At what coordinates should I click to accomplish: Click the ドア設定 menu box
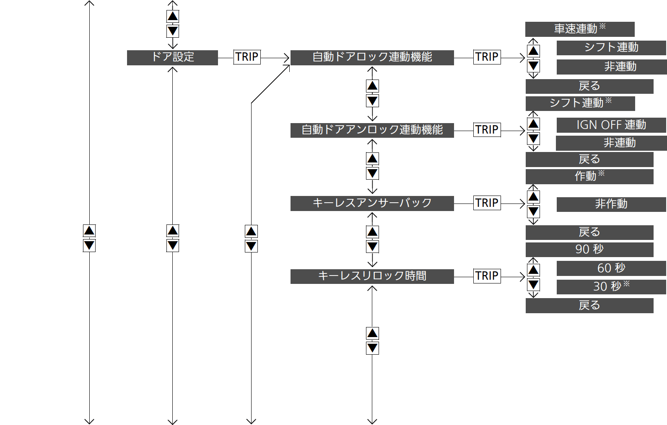click(x=172, y=57)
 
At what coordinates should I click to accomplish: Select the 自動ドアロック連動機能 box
click(x=372, y=57)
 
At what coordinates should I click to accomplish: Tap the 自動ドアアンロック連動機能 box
click(x=372, y=130)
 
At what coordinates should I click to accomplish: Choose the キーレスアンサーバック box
click(x=372, y=203)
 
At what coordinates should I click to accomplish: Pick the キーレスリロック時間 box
click(x=372, y=277)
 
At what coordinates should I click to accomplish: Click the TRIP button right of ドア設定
click(x=247, y=57)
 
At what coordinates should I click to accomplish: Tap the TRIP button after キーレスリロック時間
click(x=487, y=276)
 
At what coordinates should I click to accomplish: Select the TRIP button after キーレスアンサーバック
click(x=487, y=203)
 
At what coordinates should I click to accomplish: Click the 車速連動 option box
click(x=580, y=29)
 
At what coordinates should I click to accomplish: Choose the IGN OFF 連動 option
click(x=611, y=125)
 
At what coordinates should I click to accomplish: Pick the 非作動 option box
click(x=611, y=204)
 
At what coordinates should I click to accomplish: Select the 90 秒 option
click(x=589, y=250)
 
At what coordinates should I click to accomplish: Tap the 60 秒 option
click(x=611, y=268)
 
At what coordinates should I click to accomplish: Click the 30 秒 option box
click(x=611, y=287)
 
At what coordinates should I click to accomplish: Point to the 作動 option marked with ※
click(x=589, y=177)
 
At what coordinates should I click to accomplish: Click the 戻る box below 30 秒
click(x=589, y=306)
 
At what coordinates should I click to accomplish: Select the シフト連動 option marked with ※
click(x=580, y=103)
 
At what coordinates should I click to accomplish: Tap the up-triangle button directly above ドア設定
click(x=173, y=16)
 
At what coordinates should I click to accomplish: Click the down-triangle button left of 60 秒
click(x=533, y=285)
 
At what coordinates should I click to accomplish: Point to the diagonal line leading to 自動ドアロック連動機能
click(x=270, y=84)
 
